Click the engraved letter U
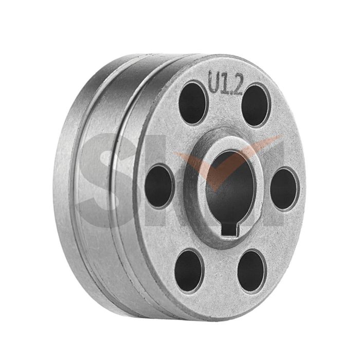[215, 82]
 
